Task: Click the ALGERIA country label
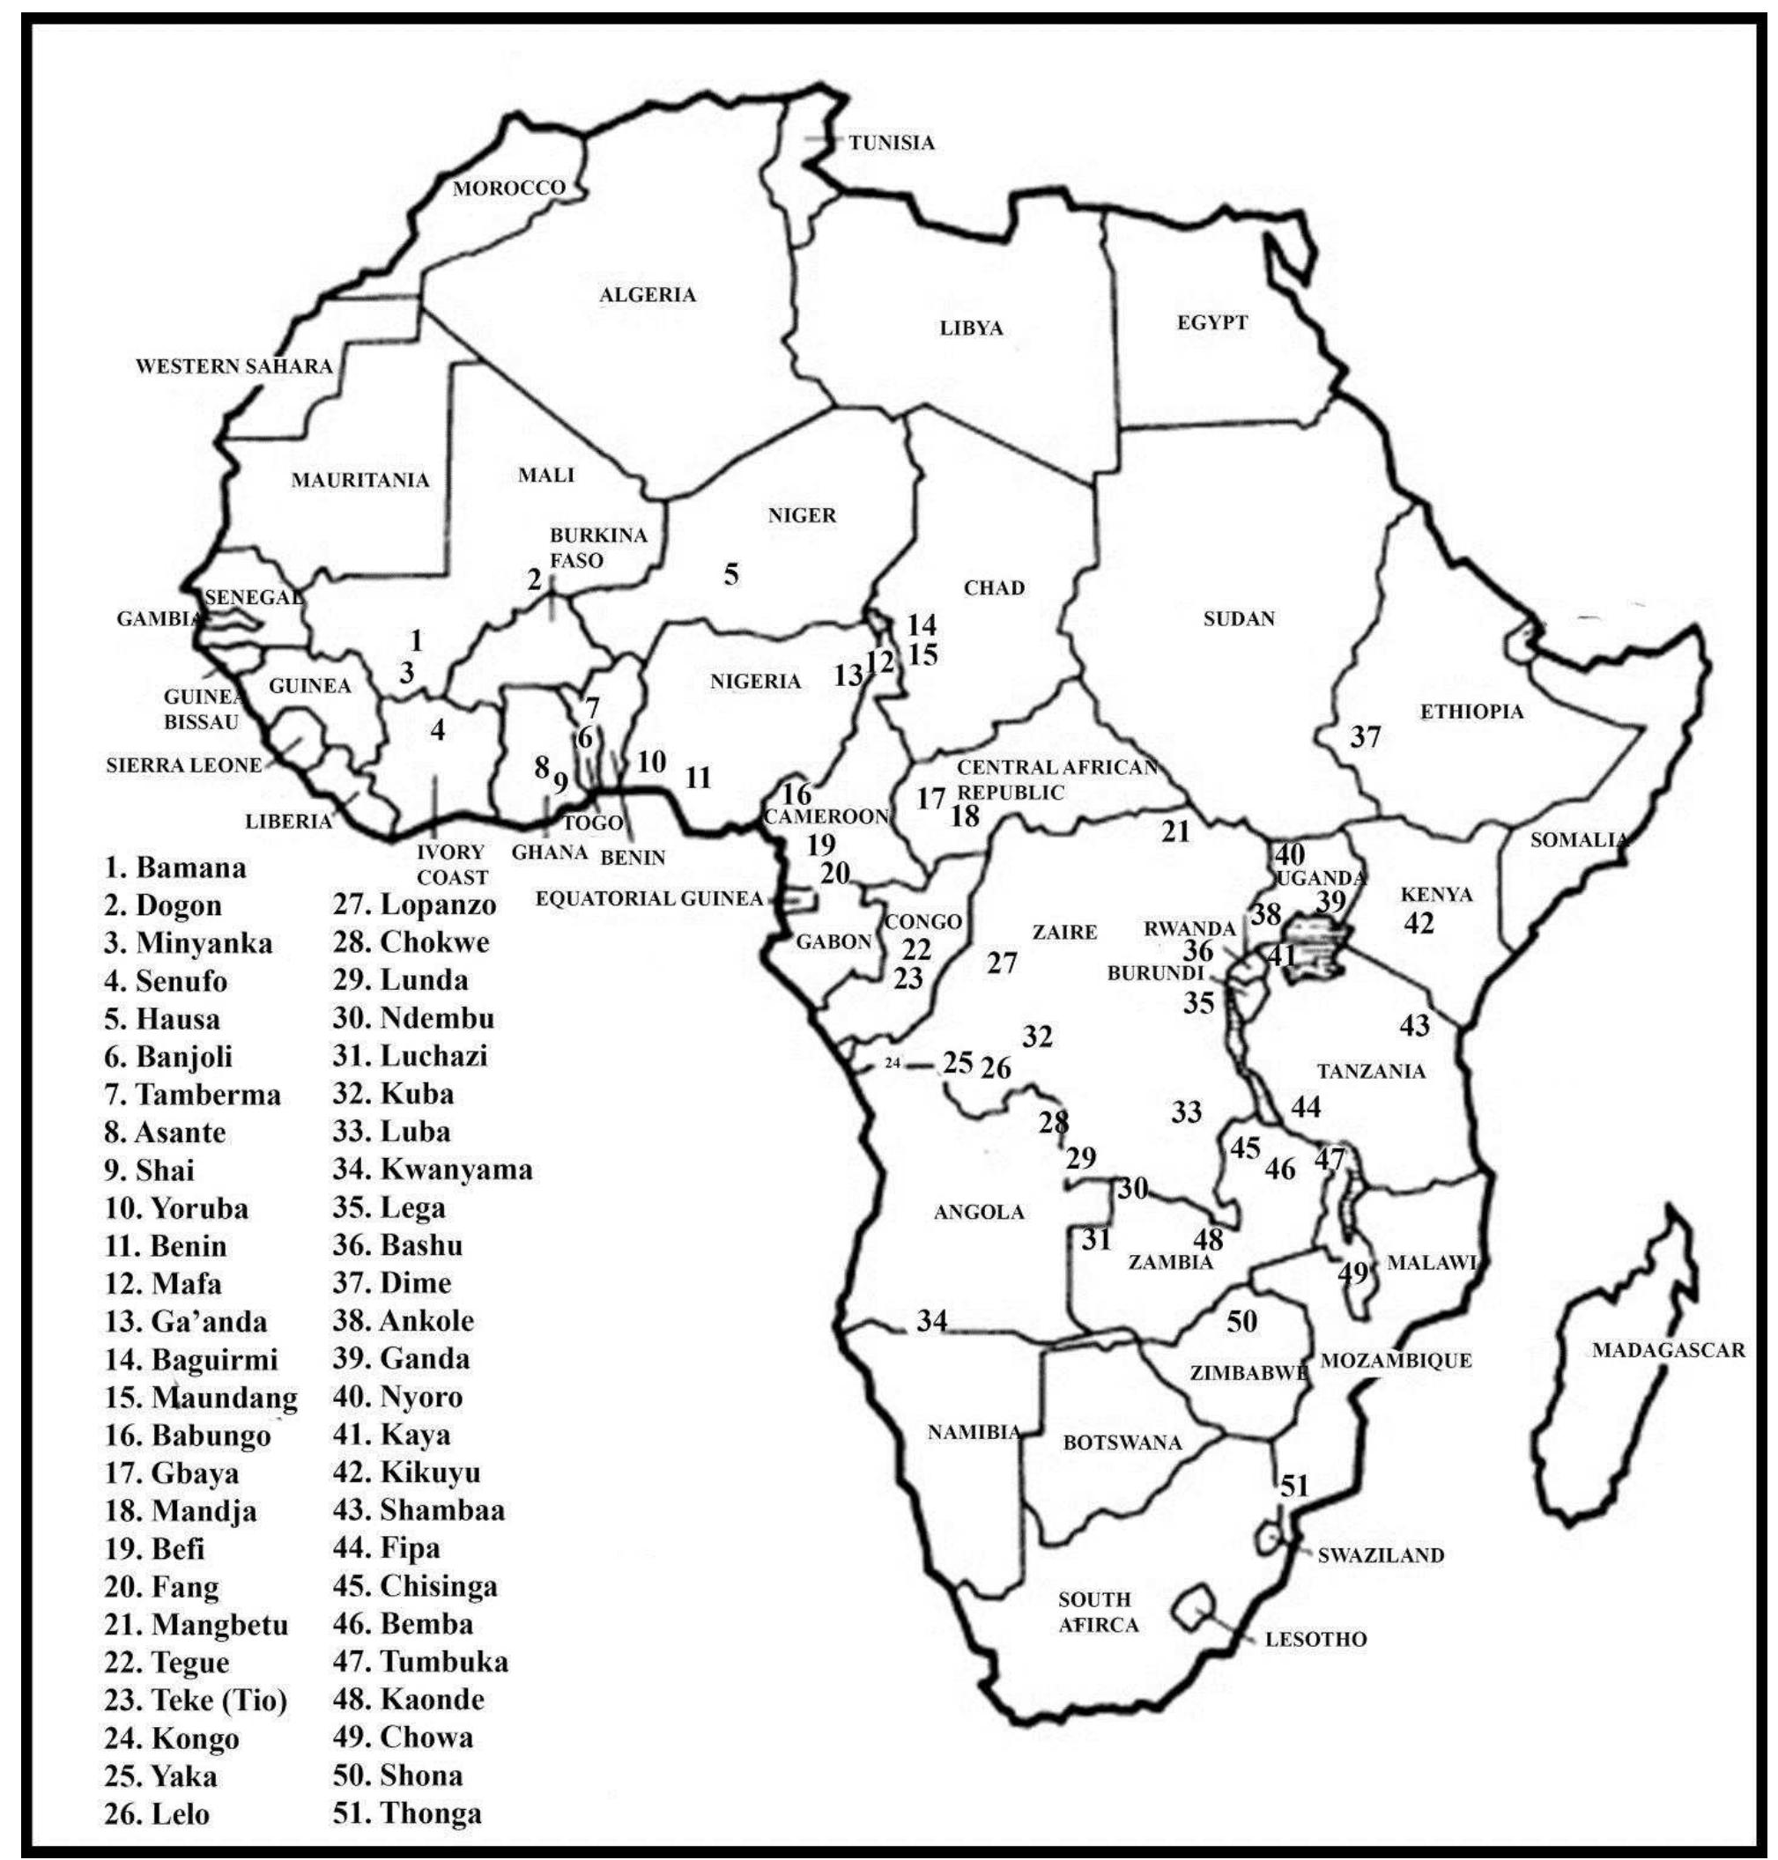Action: pos(648,295)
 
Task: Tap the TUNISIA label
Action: pos(891,143)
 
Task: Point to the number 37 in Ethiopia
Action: pos(1365,736)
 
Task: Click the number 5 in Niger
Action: pos(730,574)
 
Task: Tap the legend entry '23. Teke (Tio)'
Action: pos(196,1700)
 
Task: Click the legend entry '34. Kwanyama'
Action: pos(433,1170)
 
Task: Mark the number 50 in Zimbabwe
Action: pos(1241,1321)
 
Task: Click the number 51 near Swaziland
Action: pos(1293,1486)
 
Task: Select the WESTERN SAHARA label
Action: pos(234,366)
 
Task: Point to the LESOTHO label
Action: pos(1315,1639)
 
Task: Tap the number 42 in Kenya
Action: pos(1418,923)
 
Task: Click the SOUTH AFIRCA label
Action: pos(1097,1612)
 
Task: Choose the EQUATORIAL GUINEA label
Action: pos(649,898)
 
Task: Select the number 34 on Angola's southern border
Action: pos(930,1320)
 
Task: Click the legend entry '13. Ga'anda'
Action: pos(186,1322)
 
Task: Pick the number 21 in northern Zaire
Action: pos(1175,832)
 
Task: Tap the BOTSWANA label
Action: pos(1122,1443)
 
